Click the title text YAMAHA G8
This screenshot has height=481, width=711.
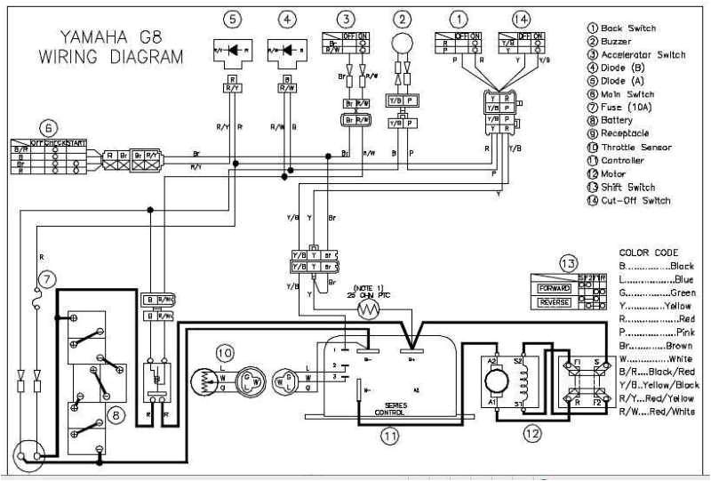[110, 37]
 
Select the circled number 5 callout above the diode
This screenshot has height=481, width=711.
[232, 18]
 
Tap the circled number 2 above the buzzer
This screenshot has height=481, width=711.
[403, 18]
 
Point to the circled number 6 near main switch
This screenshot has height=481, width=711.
[49, 126]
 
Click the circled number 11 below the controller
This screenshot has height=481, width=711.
[389, 435]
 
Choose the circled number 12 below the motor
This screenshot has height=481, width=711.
[531, 435]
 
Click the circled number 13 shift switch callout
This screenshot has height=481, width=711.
[568, 263]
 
